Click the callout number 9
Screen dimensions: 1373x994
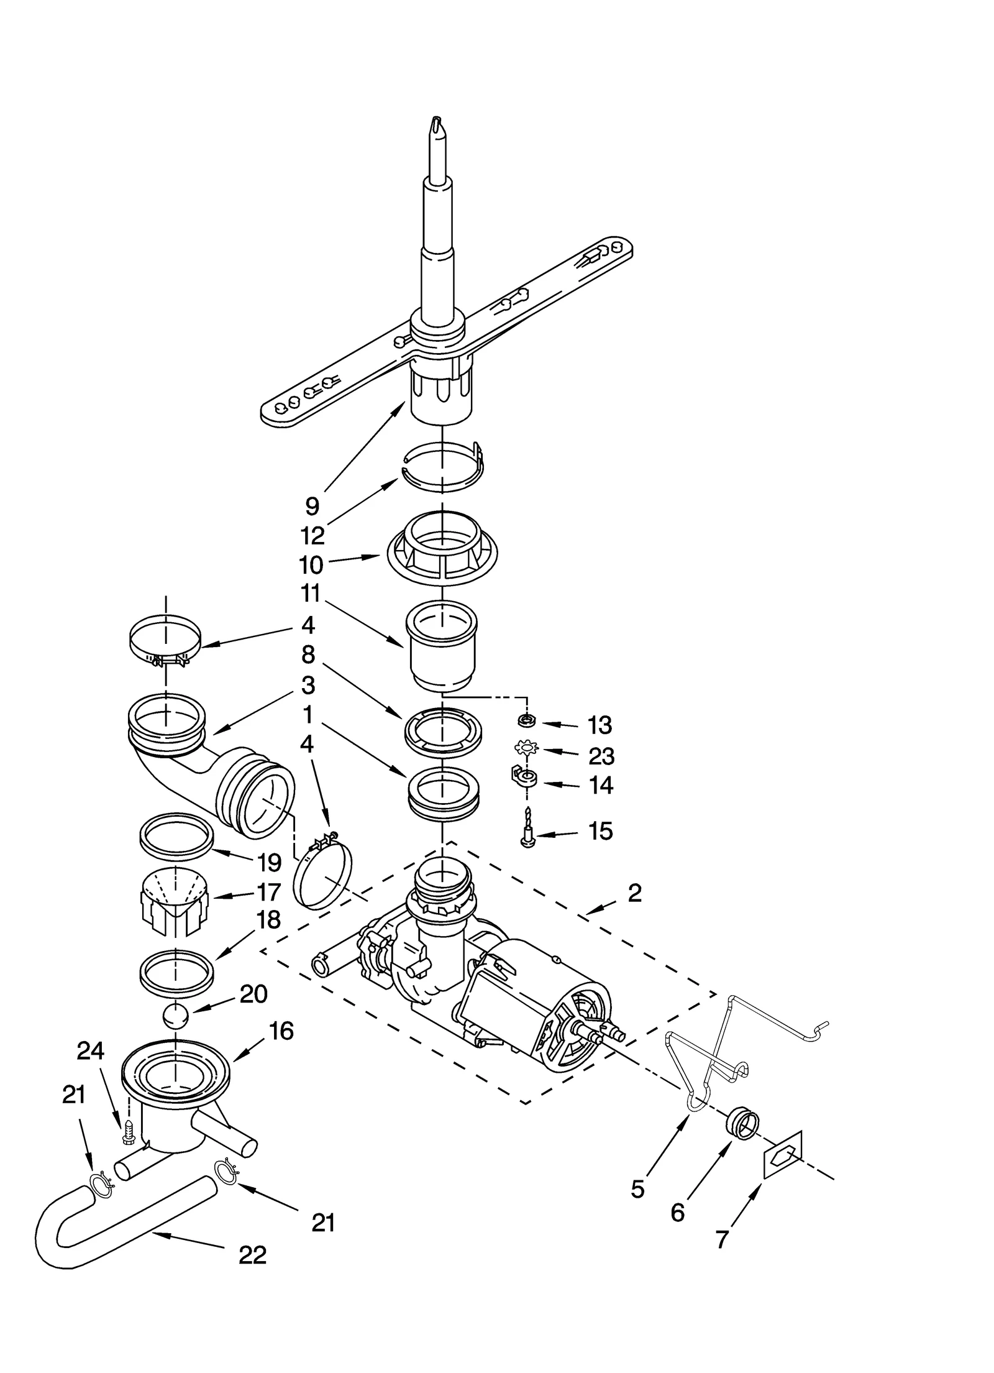312,506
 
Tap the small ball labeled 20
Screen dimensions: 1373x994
176,1018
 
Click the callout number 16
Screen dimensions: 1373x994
281,1031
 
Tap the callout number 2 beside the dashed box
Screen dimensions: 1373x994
634,893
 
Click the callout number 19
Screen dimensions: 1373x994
270,863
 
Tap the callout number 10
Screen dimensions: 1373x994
311,565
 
